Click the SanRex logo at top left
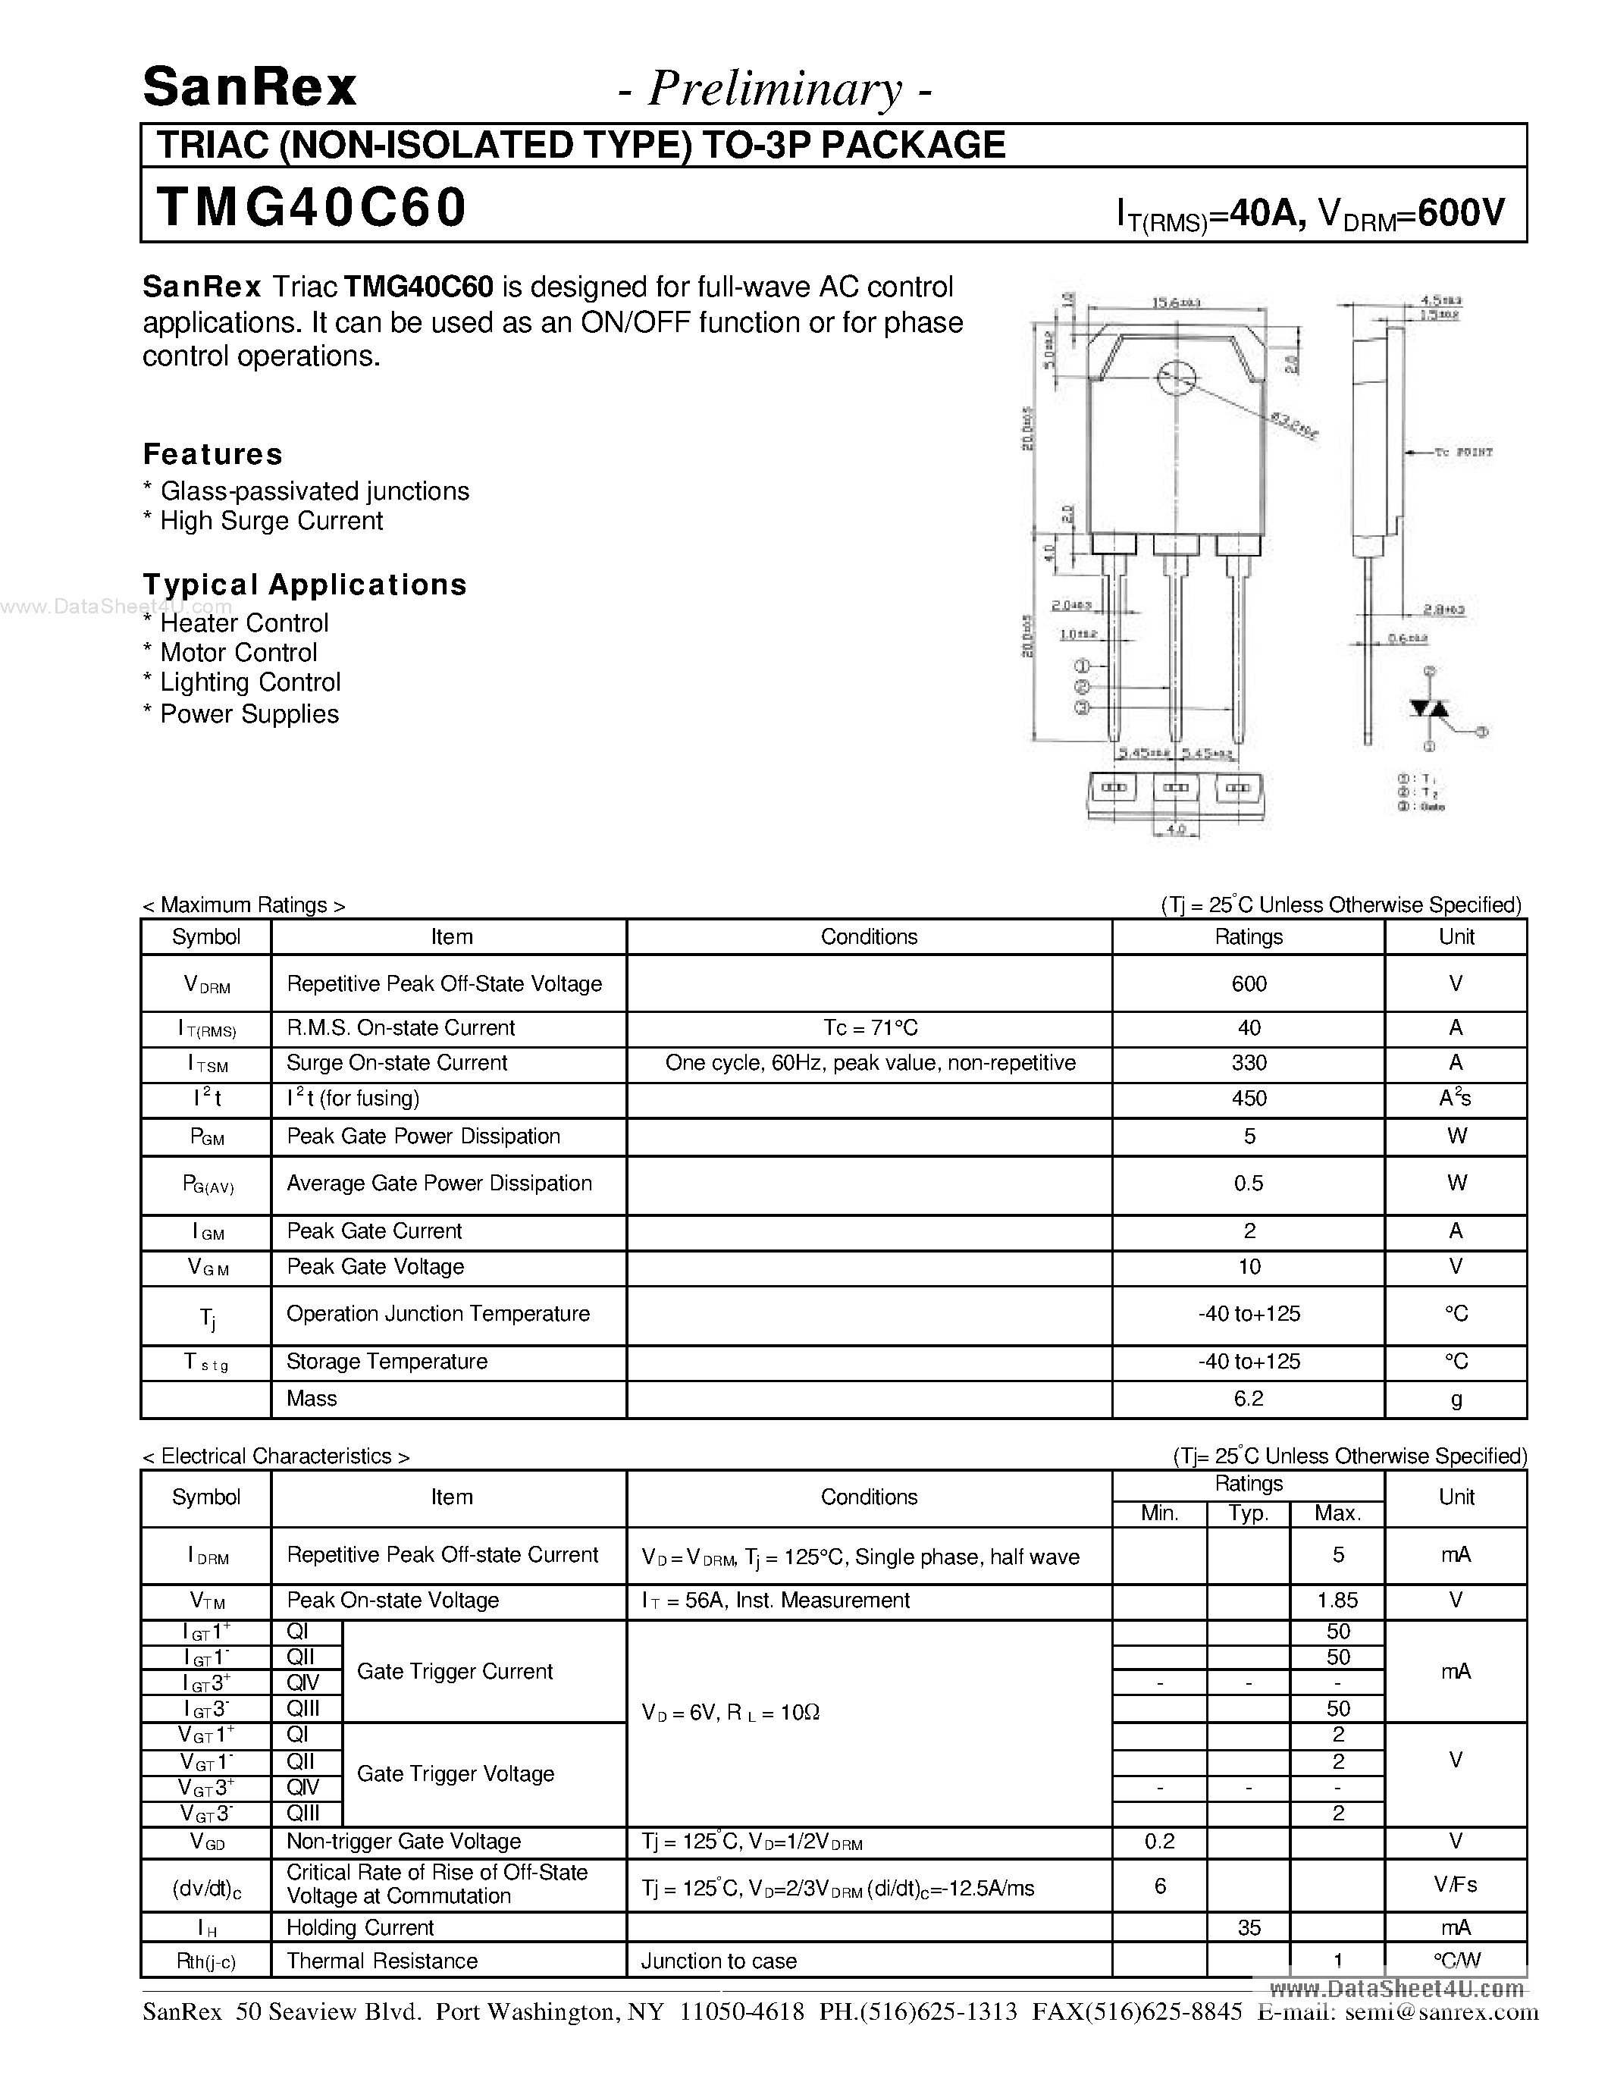(x=249, y=88)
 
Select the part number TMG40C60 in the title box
(x=311, y=207)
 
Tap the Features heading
(x=213, y=454)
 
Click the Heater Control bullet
(x=243, y=623)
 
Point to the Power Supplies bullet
(x=248, y=714)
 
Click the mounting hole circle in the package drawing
(x=1175, y=379)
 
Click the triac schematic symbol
(x=1429, y=708)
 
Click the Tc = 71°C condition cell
(x=870, y=1028)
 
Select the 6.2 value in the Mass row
(x=1249, y=1400)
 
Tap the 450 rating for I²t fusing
(x=1249, y=1099)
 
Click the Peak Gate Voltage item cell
(x=375, y=1267)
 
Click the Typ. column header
(x=1249, y=1514)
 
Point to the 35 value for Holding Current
(x=1249, y=1928)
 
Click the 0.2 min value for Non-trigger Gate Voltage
(x=1160, y=1842)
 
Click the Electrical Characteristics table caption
(x=276, y=1456)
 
